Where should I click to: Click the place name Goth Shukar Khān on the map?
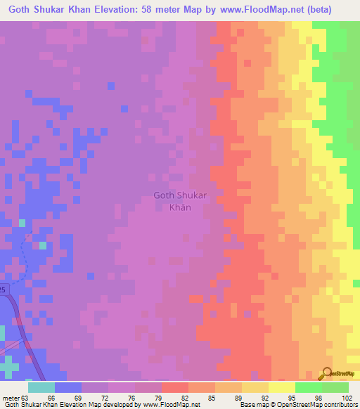(x=180, y=201)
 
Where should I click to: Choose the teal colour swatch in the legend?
(x=41, y=387)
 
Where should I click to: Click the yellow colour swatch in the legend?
(x=281, y=387)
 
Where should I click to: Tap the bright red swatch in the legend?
(x=174, y=387)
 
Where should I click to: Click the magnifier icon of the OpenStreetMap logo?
(x=327, y=373)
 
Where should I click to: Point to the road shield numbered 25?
(x=3, y=290)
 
